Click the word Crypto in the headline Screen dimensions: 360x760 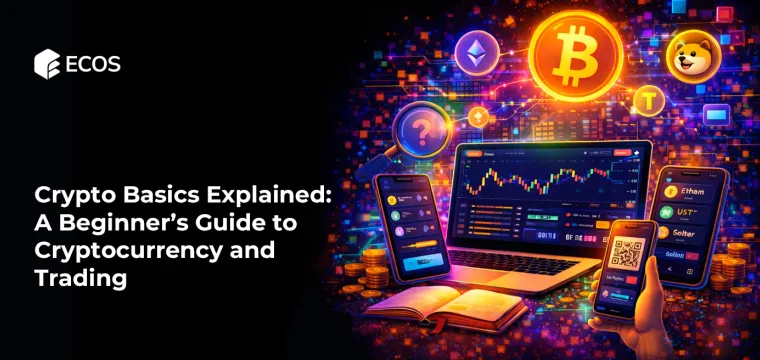coord(71,195)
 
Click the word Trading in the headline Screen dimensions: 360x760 coord(81,279)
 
